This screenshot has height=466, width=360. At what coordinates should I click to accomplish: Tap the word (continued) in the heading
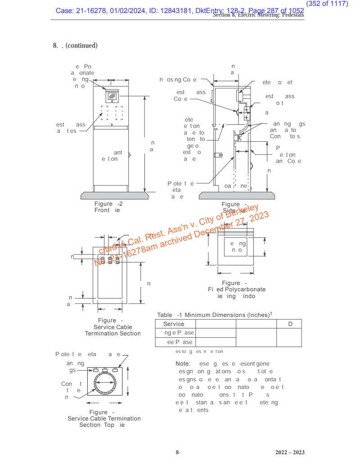[82, 45]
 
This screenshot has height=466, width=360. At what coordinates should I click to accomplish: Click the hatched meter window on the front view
[111, 95]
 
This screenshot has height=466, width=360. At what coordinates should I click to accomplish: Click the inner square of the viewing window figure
[236, 247]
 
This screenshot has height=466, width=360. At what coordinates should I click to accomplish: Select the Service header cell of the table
[174, 324]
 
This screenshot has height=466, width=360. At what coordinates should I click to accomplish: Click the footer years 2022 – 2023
[290, 452]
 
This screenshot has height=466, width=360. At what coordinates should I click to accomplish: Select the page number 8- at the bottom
[178, 452]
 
